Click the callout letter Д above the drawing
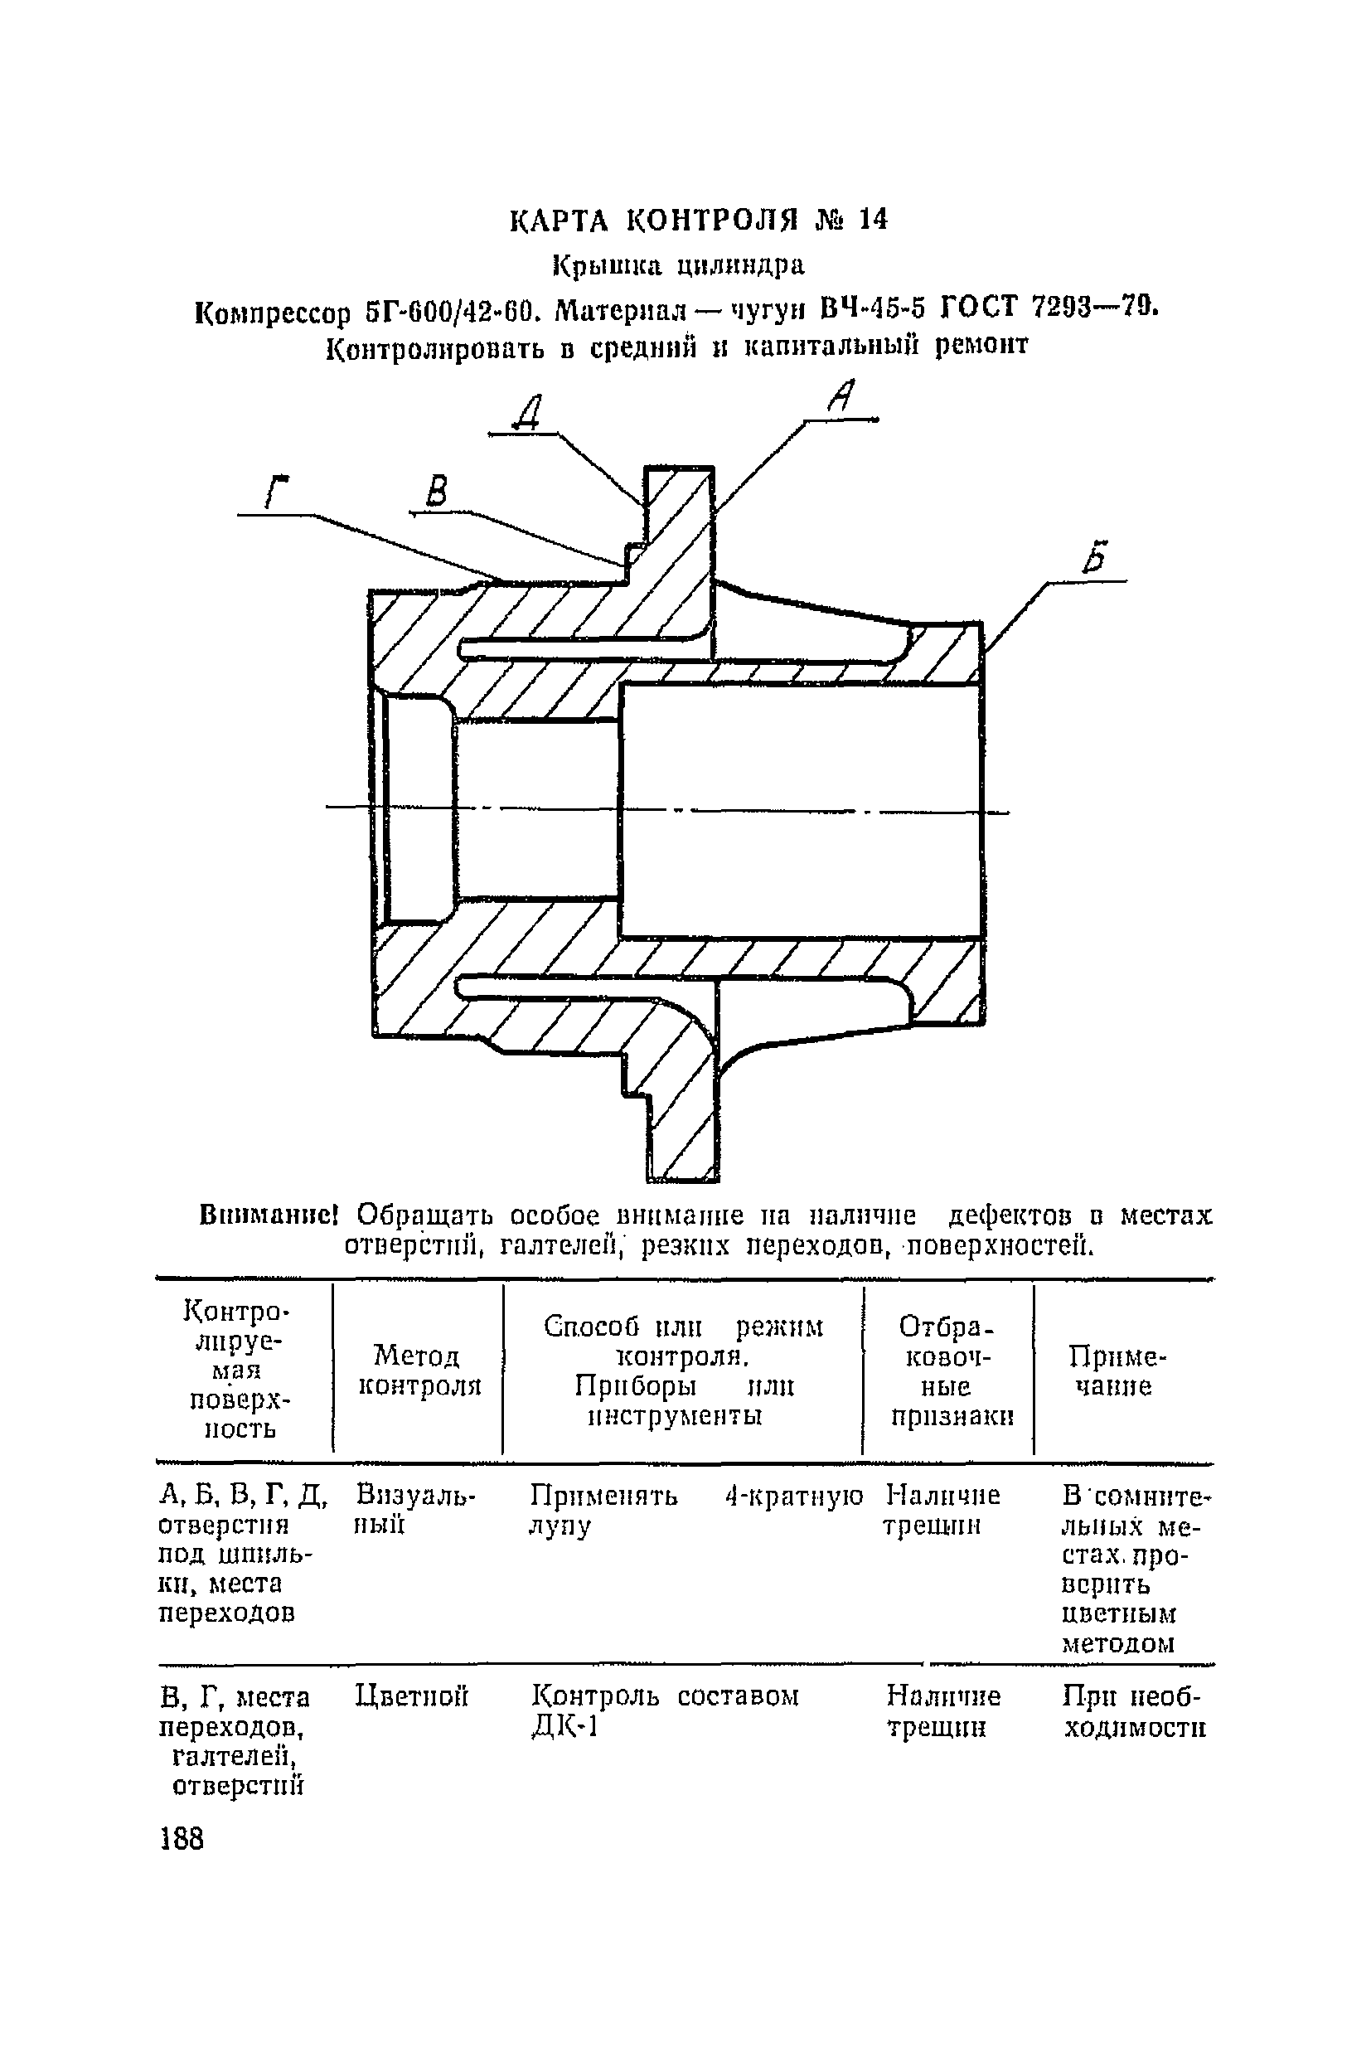pos(528,412)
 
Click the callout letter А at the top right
pos(841,397)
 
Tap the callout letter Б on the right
pos(1095,556)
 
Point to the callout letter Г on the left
pos(278,492)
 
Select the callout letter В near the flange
pos(435,491)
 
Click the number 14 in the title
pos(872,221)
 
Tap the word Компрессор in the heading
pos(272,313)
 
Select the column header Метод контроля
pos(419,1371)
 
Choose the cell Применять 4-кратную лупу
pos(695,1510)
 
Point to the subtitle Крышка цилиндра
pos(679,264)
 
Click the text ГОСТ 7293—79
pos(1049,307)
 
